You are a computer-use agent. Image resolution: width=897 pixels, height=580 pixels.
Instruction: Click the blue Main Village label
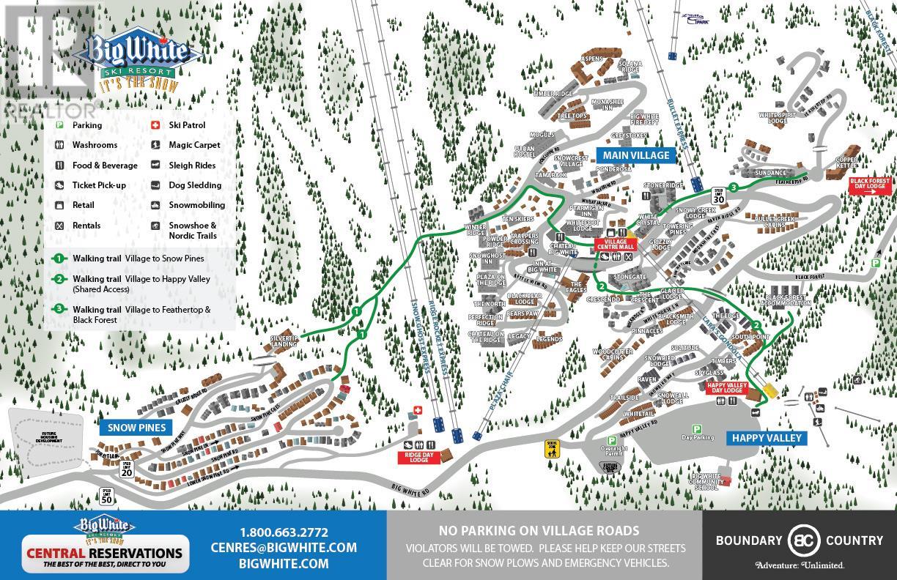(635, 155)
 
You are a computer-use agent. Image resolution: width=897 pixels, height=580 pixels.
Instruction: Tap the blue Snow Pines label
(136, 428)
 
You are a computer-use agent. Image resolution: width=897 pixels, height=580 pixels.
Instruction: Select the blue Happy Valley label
(765, 438)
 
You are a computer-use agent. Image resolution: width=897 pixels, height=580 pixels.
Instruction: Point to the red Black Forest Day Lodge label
(870, 183)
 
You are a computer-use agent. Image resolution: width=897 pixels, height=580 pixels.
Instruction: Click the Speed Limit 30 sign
(718, 196)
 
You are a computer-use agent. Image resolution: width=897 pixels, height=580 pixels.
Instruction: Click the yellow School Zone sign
(552, 448)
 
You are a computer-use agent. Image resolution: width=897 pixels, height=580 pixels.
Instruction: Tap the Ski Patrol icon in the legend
(156, 125)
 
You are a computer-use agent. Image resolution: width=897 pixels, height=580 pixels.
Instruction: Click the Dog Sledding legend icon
(156, 185)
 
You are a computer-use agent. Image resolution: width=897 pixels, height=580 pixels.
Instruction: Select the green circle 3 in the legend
(58, 310)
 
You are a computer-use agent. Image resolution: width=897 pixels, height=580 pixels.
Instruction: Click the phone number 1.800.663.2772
(284, 532)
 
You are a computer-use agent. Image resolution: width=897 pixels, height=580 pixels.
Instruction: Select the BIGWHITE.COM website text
(284, 563)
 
